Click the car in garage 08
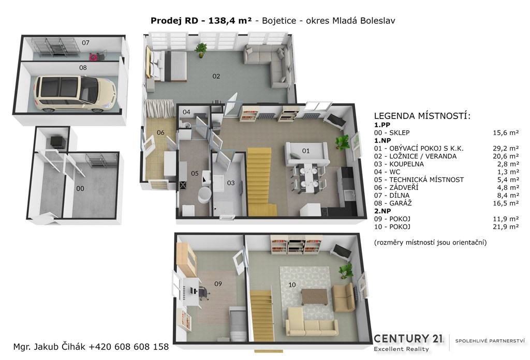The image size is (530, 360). (x=76, y=94)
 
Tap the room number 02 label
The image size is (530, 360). (x=216, y=77)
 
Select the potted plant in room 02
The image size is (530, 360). (x=202, y=49)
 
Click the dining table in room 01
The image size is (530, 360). (x=310, y=177)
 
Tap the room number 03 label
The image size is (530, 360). (x=230, y=183)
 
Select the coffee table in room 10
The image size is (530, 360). (x=315, y=297)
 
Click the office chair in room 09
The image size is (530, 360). (x=203, y=293)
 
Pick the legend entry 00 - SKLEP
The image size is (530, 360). (x=392, y=133)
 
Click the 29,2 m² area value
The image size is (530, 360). (x=506, y=148)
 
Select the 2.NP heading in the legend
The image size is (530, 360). (x=382, y=211)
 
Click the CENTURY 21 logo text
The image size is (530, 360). (x=408, y=339)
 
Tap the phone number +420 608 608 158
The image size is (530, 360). (x=128, y=347)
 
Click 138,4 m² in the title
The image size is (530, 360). (x=230, y=21)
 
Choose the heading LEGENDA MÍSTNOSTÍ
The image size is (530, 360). (x=422, y=116)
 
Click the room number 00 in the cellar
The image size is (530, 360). (x=80, y=188)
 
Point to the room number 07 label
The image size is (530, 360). (x=85, y=42)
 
